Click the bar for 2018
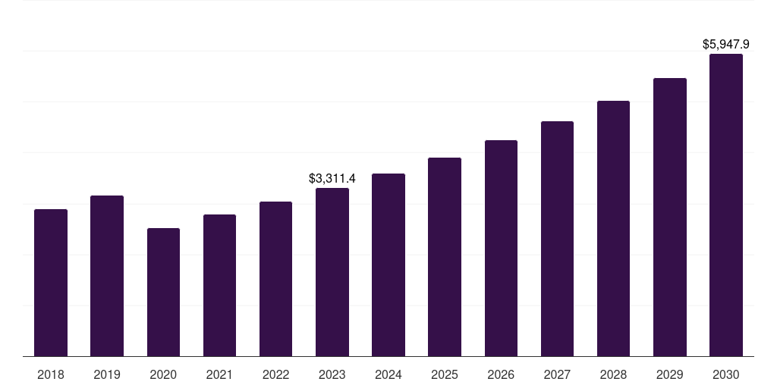coord(51,283)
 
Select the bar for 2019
coord(107,276)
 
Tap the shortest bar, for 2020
coord(163,292)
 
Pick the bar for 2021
coord(219,285)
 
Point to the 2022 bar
coord(275,279)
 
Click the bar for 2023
coord(332,272)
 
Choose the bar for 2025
coord(445,257)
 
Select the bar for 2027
coord(557,239)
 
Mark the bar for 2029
coord(670,217)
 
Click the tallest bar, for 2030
coord(726,205)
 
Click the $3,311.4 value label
coord(332,179)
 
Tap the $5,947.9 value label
coord(726,45)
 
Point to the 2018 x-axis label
coord(51,374)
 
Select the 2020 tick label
coord(163,374)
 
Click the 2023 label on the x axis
coord(332,374)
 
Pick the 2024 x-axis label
coord(388,374)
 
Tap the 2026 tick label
coord(501,374)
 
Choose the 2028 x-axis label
coord(613,374)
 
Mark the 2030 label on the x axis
coord(726,374)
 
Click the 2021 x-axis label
coord(219,374)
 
